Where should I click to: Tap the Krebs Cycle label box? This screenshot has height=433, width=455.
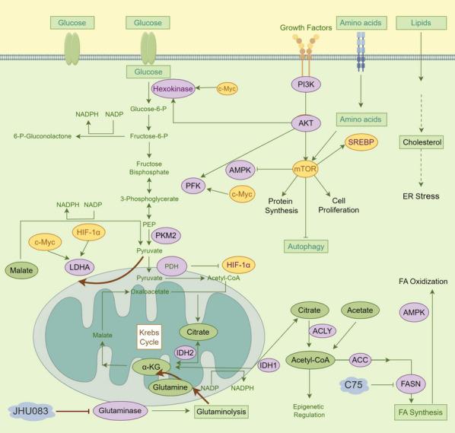click(149, 336)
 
